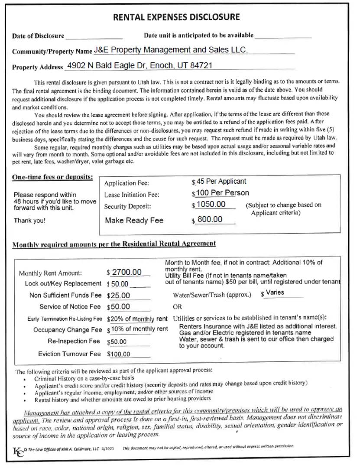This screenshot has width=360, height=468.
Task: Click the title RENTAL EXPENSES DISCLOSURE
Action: (x=176, y=17)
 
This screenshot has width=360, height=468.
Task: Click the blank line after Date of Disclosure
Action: (x=94, y=36)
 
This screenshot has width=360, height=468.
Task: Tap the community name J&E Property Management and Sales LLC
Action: (x=171, y=50)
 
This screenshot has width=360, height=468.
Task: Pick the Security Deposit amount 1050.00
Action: (x=211, y=205)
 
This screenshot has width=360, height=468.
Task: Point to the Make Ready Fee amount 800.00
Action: (x=210, y=219)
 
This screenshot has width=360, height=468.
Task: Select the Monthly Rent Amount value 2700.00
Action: (x=126, y=272)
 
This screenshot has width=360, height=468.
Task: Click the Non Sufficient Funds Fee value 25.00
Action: (x=119, y=296)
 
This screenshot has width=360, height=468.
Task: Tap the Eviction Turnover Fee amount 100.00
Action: (x=120, y=354)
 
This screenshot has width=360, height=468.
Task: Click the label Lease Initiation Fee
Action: (x=132, y=195)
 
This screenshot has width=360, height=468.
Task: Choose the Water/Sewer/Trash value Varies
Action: (x=275, y=292)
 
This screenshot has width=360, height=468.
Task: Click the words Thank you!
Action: (x=29, y=221)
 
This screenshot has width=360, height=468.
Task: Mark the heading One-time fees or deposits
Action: (x=52, y=177)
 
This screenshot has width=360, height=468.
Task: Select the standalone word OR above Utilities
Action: (x=178, y=307)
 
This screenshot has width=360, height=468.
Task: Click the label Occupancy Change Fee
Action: (x=67, y=330)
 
